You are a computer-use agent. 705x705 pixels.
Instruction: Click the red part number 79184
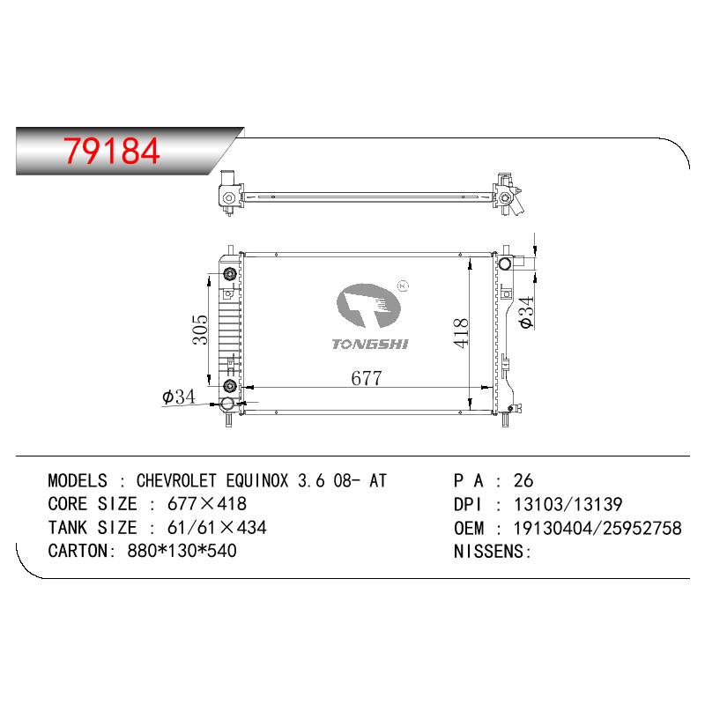point(112,151)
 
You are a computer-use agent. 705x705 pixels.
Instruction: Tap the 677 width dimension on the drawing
point(367,378)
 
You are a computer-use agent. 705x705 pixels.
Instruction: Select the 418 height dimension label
point(461,333)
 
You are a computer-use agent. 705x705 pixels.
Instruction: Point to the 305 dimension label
point(201,330)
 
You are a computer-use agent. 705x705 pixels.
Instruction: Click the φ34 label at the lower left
point(179,397)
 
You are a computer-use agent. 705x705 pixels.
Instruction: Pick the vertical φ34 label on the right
point(526,312)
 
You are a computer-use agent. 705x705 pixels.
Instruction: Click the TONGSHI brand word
point(370,345)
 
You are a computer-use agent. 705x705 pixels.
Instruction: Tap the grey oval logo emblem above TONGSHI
point(368,306)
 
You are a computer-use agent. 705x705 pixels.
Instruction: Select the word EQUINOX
point(256,480)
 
